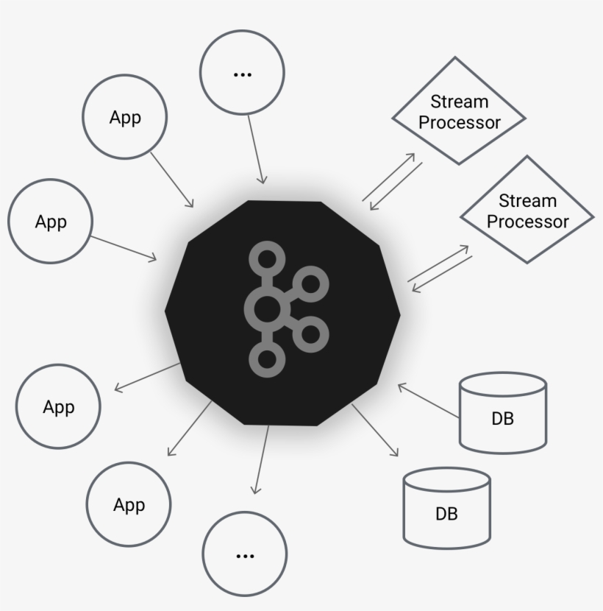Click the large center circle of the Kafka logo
[x=266, y=310]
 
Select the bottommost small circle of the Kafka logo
[x=266, y=359]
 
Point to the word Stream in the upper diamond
[x=459, y=102]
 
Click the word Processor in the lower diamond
[x=528, y=222]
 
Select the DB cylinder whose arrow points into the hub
[x=502, y=412]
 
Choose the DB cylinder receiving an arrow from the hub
[x=447, y=509]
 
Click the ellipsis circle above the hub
[x=242, y=73]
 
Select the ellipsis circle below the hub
[x=244, y=554]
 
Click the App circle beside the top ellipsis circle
[x=125, y=117]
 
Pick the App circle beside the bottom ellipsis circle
[x=129, y=504]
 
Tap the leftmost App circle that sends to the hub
[x=50, y=221]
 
